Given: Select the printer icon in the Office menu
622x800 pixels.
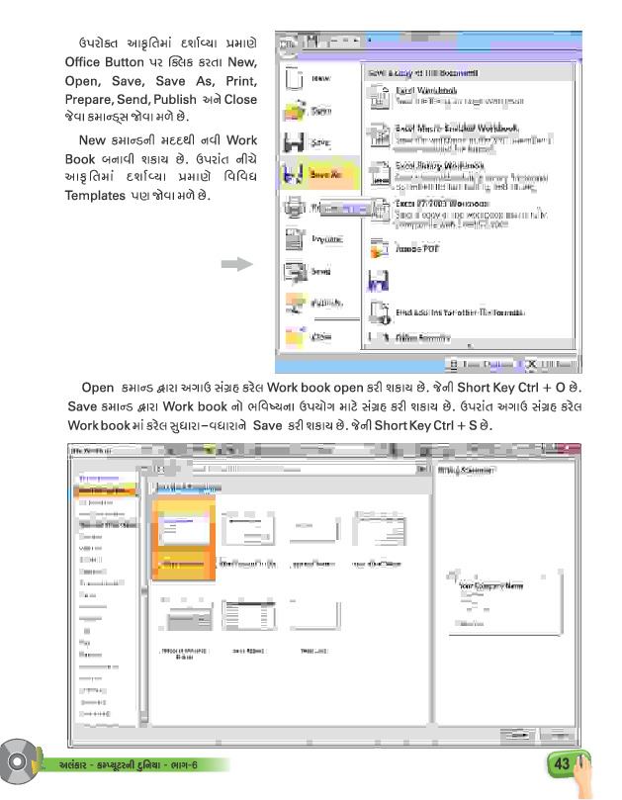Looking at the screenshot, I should click(294, 207).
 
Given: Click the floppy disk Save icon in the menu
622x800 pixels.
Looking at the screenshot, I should click(294, 142).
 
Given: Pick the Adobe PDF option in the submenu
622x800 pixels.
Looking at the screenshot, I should click(417, 249).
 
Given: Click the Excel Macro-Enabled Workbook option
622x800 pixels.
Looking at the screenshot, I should click(457, 129).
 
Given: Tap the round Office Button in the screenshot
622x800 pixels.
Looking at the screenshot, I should click(288, 44).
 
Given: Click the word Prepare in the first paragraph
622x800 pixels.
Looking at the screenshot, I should click(92, 100).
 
